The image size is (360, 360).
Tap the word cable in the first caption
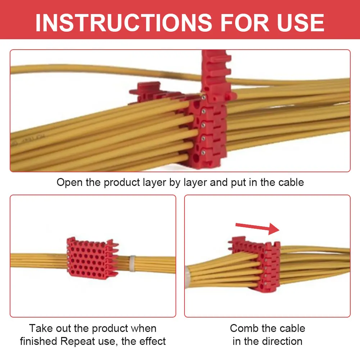coord(291,182)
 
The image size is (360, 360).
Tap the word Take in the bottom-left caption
coord(40,328)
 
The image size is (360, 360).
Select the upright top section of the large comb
coord(216,72)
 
